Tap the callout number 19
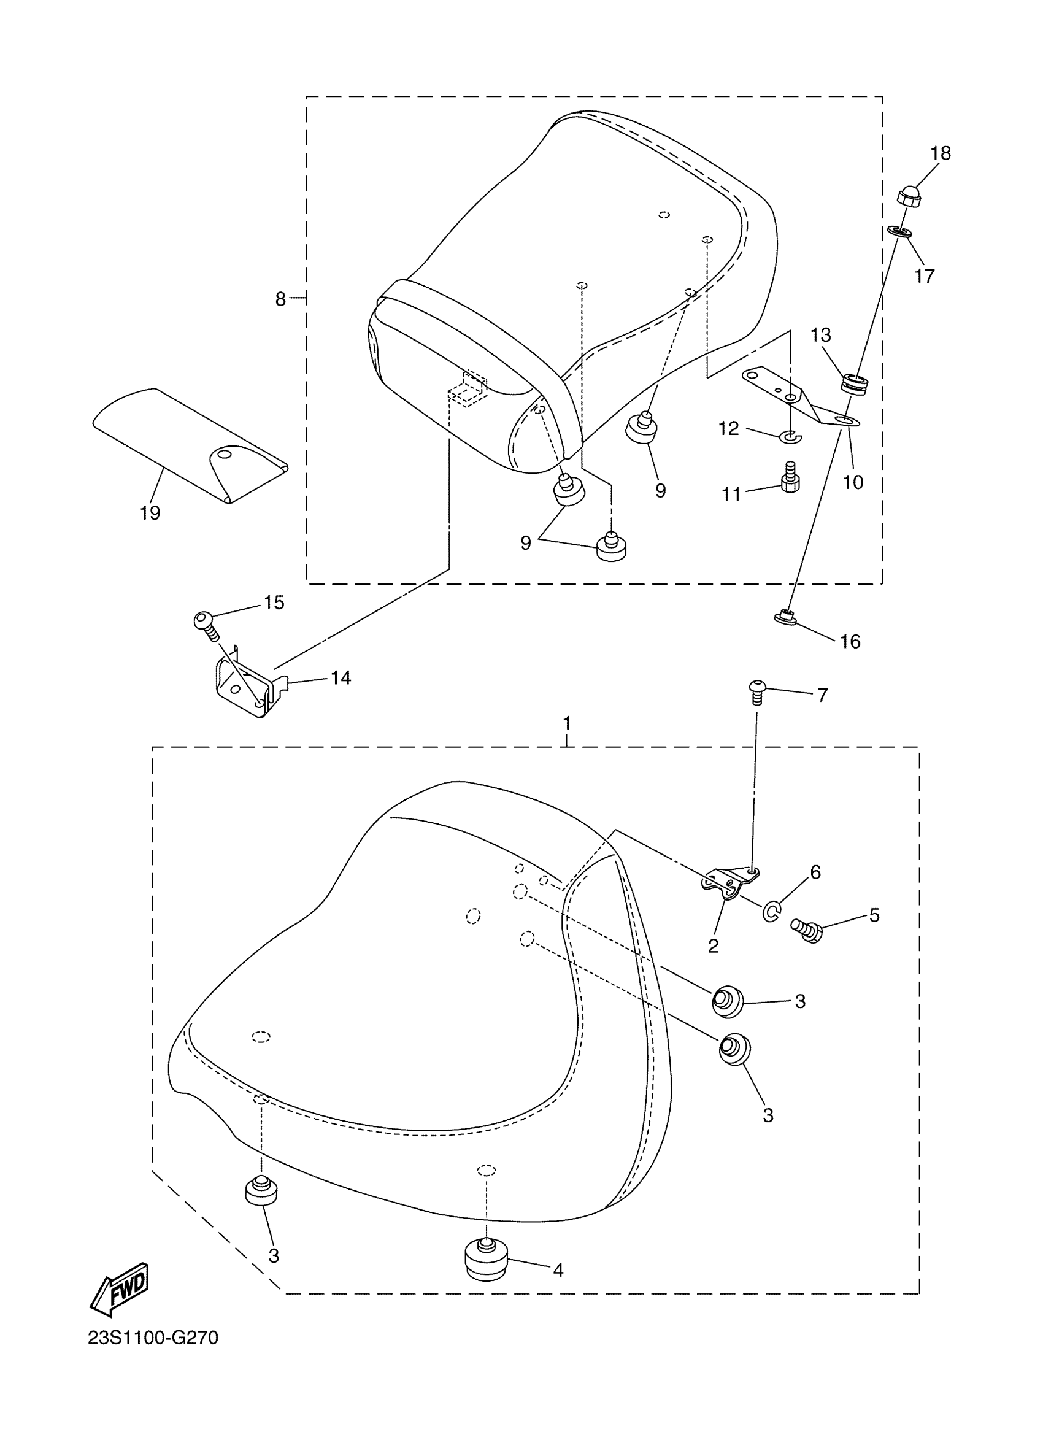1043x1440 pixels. click(x=150, y=512)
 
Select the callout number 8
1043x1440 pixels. click(x=280, y=299)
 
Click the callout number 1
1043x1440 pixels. click(x=566, y=723)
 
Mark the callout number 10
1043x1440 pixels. click(x=853, y=482)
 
